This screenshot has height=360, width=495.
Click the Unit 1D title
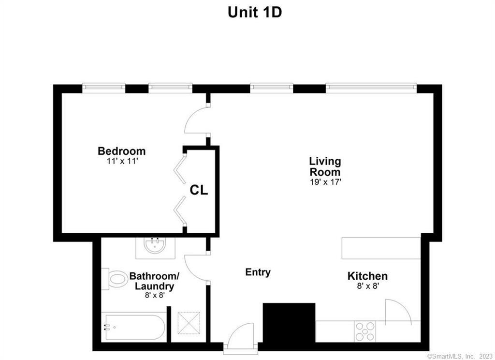254,12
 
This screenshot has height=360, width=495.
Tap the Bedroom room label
121,151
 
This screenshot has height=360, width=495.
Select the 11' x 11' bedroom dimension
122,161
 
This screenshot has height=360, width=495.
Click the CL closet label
199,190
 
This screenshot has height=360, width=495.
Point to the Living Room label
325,166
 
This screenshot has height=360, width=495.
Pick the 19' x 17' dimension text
325,182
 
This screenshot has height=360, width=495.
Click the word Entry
258,272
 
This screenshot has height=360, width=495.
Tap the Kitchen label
367,276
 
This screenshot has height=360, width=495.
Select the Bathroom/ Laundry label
154,281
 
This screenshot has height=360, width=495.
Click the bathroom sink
155,246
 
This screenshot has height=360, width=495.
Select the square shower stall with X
189,323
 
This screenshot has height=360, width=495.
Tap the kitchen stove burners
365,331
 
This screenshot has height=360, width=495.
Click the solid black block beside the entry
289,323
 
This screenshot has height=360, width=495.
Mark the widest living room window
371,88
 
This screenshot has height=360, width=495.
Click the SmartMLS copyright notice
460,356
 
